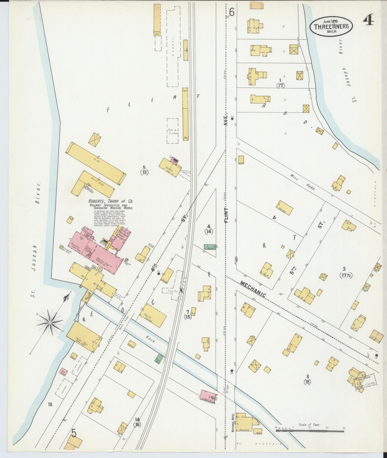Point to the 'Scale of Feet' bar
pyautogui.click(x=310, y=431)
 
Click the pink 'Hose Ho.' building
pyautogui.click(x=208, y=396)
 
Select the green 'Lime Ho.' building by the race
pyautogui.click(x=160, y=359)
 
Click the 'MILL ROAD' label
pyautogui.click(x=302, y=182)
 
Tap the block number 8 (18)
pyautogui.click(x=307, y=380)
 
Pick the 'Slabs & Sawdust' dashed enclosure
pyautogui.click(x=172, y=131)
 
